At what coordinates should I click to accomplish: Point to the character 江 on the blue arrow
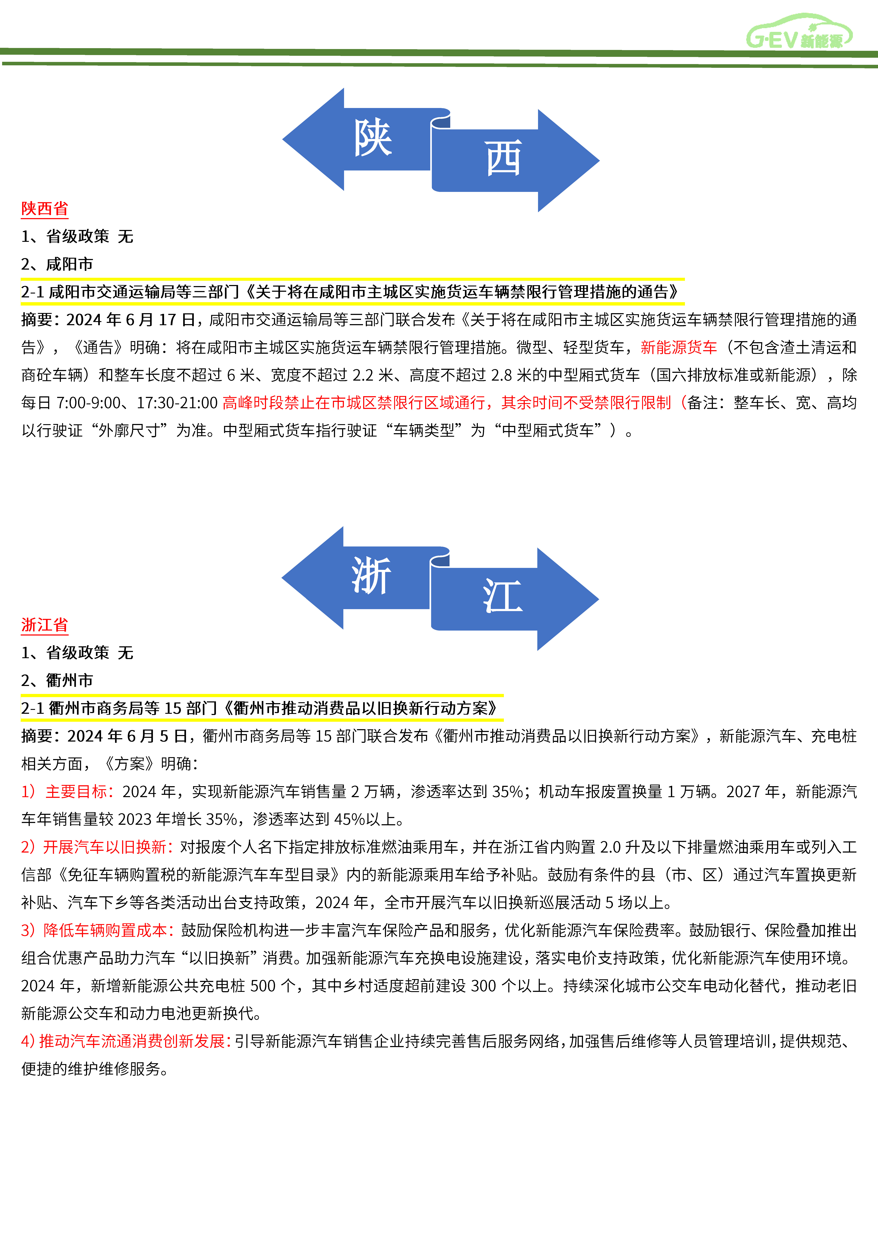503,597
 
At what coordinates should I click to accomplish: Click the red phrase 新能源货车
678,347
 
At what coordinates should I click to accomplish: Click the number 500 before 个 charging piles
262,986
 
